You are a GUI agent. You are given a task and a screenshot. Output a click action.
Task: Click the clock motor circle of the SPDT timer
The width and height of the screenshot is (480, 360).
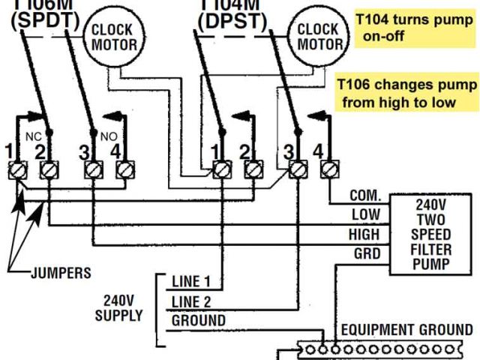point(113,37)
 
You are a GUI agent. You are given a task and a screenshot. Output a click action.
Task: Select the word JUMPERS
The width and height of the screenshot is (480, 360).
point(61,273)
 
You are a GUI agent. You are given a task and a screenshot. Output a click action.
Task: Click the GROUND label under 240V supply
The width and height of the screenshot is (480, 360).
point(199,320)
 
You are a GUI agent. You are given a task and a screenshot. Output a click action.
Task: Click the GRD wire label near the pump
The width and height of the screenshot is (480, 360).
point(366,253)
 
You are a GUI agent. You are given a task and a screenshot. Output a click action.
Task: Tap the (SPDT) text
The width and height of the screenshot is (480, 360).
point(45,21)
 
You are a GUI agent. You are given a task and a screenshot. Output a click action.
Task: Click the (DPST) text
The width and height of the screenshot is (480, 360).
point(233,21)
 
